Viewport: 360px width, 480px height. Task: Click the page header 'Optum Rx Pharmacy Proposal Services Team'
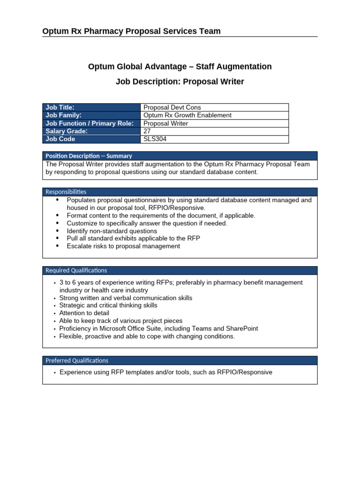(131, 31)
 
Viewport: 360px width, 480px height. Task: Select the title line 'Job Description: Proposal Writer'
(180, 82)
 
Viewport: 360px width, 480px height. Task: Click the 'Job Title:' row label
(60, 107)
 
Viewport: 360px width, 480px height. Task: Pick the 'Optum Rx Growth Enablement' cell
(187, 115)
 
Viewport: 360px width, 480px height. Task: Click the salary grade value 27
(147, 131)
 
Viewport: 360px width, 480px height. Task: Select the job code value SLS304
(155, 139)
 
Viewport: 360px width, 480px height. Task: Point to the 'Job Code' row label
(60, 139)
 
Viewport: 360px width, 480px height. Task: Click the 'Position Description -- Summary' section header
(89, 156)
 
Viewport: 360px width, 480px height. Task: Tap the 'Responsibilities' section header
(66, 192)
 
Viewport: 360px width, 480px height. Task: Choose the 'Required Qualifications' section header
(76, 270)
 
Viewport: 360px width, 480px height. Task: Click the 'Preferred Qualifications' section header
(77, 360)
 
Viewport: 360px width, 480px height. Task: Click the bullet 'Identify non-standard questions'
(112, 231)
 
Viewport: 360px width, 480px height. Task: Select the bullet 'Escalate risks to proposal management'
(123, 246)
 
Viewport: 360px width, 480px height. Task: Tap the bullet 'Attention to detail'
(84, 313)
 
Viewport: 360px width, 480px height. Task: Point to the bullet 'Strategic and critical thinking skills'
(108, 305)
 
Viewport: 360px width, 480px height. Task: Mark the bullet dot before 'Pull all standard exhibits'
(57, 238)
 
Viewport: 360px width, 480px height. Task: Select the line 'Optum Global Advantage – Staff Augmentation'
(180, 67)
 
